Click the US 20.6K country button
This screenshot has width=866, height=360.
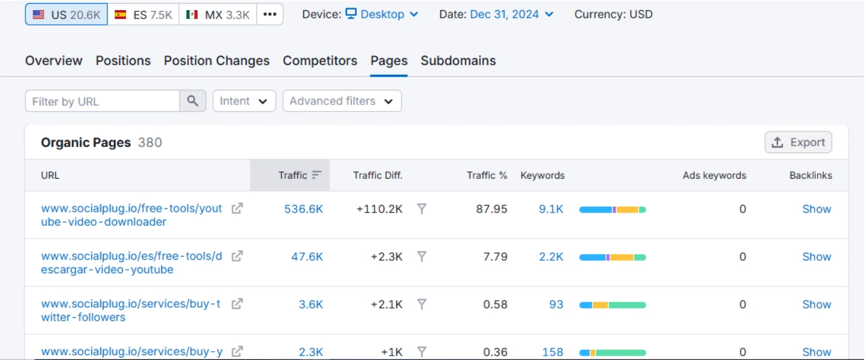point(66,15)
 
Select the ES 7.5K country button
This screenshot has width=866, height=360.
point(143,15)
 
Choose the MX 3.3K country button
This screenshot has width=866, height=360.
point(218,15)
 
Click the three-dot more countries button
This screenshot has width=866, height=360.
point(270,15)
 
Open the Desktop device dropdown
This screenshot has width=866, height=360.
point(382,14)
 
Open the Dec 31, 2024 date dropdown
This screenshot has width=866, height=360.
point(512,14)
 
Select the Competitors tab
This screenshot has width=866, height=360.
point(320,61)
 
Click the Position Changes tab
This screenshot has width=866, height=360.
point(216,61)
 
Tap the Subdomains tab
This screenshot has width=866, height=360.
point(458,61)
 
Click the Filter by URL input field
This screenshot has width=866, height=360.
point(102,101)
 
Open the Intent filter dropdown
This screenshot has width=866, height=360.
point(244,101)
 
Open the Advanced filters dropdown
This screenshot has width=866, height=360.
point(342,101)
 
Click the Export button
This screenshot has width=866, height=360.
point(798,142)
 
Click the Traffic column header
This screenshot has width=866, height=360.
point(293,176)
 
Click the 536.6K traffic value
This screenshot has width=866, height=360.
point(304,209)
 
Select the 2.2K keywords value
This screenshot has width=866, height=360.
point(551,257)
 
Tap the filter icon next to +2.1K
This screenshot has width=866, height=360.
point(421,305)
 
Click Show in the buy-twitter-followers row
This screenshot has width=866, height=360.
point(816,305)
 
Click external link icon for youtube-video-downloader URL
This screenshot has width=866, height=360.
point(237,209)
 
